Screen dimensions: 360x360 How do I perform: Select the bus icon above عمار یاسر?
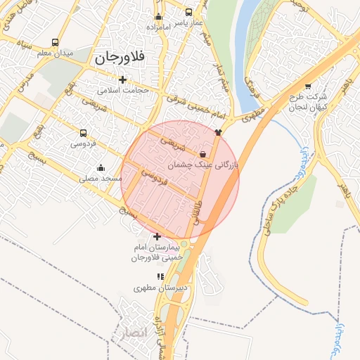click(188, 12)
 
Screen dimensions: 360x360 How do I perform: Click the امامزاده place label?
click(160, 26)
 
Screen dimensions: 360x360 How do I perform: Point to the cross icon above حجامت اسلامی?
click(123, 79)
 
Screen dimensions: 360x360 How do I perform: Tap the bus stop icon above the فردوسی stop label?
click(84, 133)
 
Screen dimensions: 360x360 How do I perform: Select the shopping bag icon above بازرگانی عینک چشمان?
click(203, 154)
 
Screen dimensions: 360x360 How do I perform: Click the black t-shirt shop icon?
click(219, 131)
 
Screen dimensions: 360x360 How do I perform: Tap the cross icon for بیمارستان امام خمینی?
click(157, 237)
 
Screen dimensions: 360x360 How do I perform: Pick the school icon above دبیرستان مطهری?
click(160, 277)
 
